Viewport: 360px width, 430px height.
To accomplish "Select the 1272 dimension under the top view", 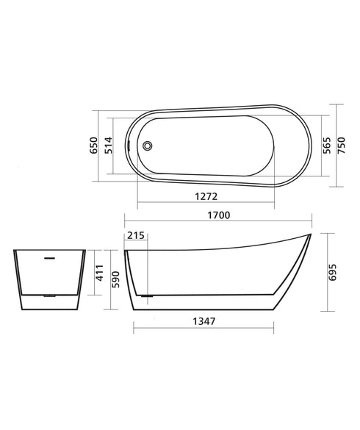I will (205, 197).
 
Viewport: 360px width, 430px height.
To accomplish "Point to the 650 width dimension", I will (93, 146).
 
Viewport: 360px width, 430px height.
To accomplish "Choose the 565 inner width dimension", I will (325, 146).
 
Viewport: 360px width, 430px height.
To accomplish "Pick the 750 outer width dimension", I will (342, 146).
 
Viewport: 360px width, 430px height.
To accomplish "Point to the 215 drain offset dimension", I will (135, 235).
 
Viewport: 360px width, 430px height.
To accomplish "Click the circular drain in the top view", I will (148, 146).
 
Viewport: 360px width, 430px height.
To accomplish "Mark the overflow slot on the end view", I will (49, 257).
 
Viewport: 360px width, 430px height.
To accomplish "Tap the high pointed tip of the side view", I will (309, 235).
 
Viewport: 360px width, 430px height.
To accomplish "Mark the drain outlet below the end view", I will (49, 295).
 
